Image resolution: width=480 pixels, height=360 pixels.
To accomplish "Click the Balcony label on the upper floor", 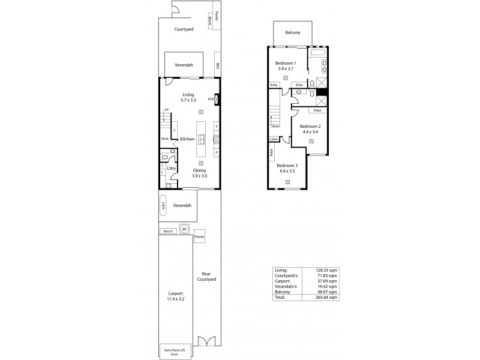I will click(x=292, y=33).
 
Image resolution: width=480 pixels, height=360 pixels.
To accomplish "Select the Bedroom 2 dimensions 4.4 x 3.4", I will click(x=310, y=131).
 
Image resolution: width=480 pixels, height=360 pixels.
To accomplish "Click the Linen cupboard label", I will click(x=274, y=139).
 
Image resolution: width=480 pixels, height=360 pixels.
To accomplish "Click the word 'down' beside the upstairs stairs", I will click(x=276, y=126).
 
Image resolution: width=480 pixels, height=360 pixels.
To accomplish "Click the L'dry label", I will click(x=171, y=169).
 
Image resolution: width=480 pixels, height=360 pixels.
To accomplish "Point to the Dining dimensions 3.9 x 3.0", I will click(x=199, y=176).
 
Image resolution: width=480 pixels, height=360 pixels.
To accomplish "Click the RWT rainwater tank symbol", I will click(x=163, y=205).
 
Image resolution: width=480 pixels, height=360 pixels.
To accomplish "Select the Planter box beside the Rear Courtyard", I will click(x=199, y=236).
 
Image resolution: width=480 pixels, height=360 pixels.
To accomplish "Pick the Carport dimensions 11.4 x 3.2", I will click(x=175, y=298).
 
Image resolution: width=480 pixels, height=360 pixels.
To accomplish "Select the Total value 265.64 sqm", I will click(x=327, y=297).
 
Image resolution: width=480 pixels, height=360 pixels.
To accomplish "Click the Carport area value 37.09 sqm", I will click(x=327, y=281).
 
